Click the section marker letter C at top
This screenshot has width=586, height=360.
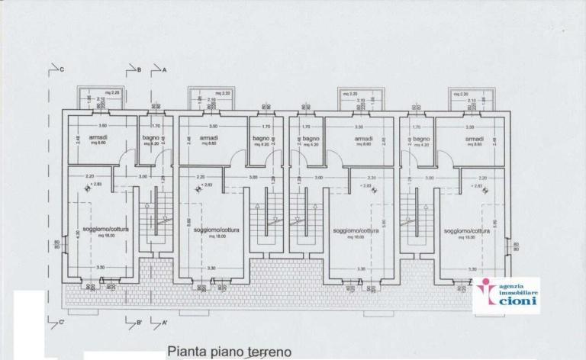(x=61, y=69)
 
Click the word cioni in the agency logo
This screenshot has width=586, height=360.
(x=517, y=301)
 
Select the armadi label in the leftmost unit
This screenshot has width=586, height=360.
(x=98, y=138)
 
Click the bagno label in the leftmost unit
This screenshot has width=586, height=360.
(x=150, y=138)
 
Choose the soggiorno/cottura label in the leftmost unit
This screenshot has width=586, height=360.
(x=98, y=230)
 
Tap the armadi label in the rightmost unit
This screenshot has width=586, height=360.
(x=475, y=139)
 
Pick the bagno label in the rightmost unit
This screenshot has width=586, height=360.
(x=422, y=139)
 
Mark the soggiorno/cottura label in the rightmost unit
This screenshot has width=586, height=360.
(x=466, y=230)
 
